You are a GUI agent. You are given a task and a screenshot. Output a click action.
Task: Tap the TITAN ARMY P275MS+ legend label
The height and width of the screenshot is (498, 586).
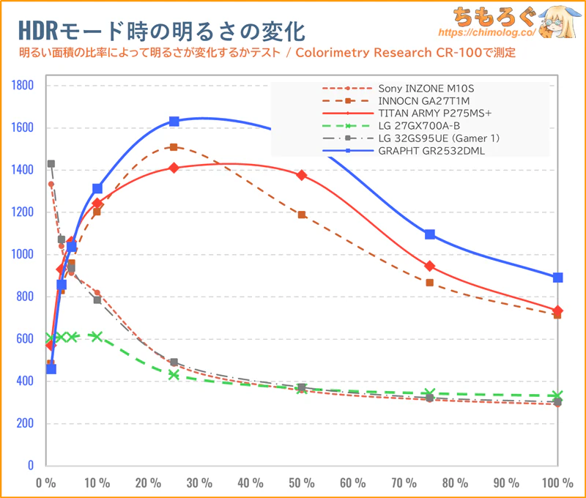[x=424, y=114]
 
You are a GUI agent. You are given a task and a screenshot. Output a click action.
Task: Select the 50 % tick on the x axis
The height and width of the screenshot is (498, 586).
[x=302, y=483]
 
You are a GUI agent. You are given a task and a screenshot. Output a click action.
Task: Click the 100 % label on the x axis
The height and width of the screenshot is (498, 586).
[x=557, y=483]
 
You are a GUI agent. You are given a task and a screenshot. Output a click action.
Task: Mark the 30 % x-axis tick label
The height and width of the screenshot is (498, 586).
[x=199, y=483]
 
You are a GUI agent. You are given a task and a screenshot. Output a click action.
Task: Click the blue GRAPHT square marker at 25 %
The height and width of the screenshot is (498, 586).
[x=174, y=122]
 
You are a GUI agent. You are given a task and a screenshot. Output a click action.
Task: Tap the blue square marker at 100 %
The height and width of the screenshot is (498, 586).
[x=558, y=278]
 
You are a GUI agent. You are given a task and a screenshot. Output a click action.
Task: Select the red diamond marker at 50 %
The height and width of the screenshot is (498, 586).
[x=302, y=175]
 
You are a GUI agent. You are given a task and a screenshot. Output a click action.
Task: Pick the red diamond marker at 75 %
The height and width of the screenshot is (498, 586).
[x=430, y=266]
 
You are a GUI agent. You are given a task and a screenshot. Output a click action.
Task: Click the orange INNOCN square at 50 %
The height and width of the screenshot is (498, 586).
[x=302, y=215]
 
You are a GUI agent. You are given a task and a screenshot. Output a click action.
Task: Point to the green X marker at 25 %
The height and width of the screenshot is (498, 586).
[x=174, y=374]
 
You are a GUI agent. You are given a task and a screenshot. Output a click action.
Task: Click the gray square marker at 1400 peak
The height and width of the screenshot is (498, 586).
[x=51, y=164]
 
